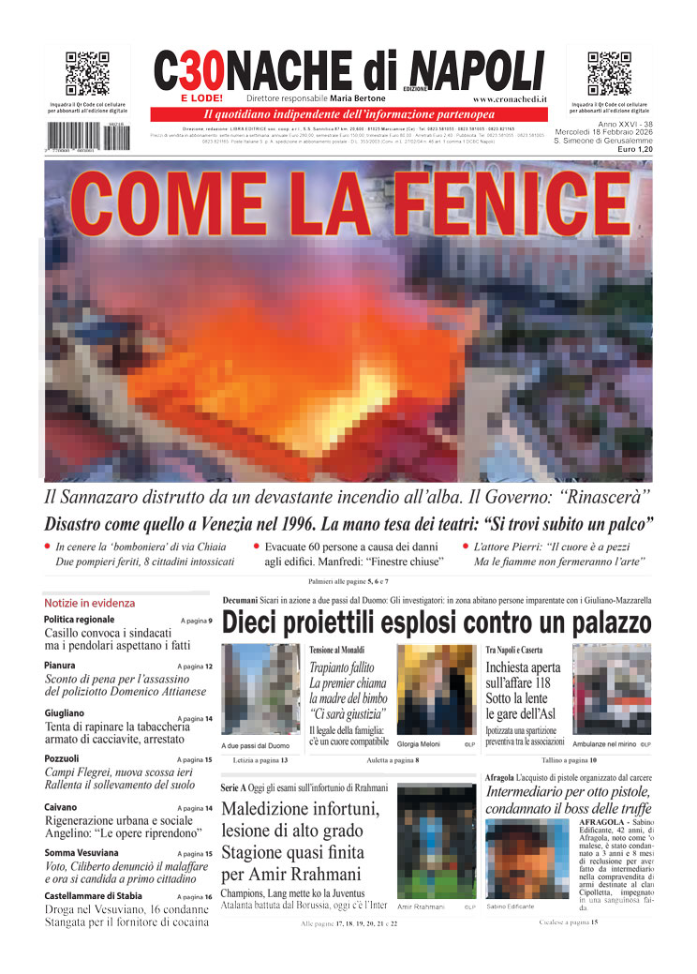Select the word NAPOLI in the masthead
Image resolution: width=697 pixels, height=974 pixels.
click(477, 70)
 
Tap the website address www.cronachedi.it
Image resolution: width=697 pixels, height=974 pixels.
click(510, 98)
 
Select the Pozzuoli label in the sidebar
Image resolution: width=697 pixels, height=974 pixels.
click(62, 758)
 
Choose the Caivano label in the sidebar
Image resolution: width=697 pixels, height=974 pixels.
click(61, 807)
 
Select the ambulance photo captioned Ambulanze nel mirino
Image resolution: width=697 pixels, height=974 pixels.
click(611, 689)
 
